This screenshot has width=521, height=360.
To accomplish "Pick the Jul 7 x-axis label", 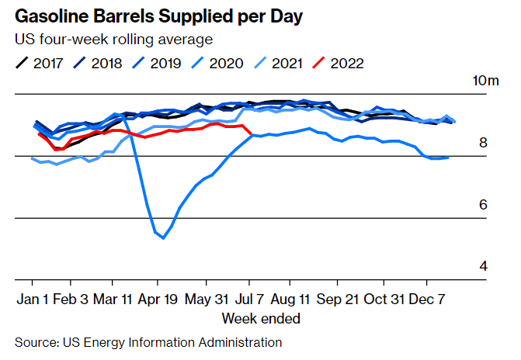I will (x=248, y=299).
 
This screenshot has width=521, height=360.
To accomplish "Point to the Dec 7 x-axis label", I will (x=426, y=299).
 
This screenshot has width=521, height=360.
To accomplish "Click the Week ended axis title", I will (x=261, y=318).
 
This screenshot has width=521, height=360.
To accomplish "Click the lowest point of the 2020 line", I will (x=163, y=237).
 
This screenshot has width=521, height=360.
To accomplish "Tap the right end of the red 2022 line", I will (x=250, y=135).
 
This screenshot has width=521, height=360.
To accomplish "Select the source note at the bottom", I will (x=148, y=342).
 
